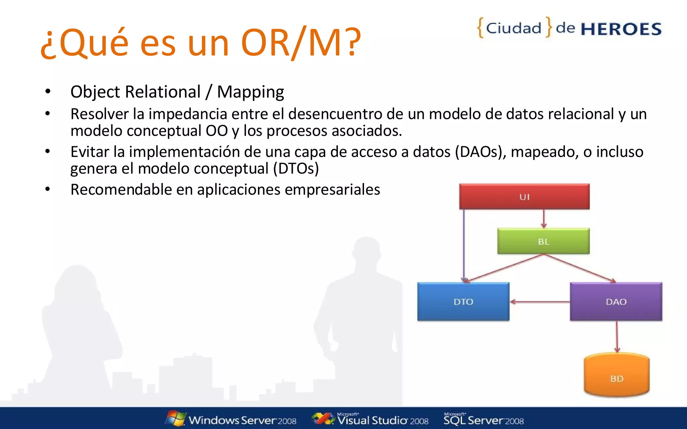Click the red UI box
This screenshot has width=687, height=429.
click(x=524, y=196)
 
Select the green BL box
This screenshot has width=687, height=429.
click(x=543, y=241)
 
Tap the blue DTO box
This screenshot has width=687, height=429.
click(x=463, y=302)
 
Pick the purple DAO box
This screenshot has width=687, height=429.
click(x=616, y=302)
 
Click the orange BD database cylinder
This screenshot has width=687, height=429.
click(x=617, y=375)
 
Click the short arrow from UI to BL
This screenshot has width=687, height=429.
click(x=544, y=219)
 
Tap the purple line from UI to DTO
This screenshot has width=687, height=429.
click(x=464, y=245)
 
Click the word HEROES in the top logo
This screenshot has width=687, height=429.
click(x=621, y=29)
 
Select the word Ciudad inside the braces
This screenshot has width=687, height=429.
click(x=514, y=28)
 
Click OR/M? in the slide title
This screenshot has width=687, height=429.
click(x=301, y=43)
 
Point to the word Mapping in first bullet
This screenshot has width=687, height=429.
click(x=250, y=92)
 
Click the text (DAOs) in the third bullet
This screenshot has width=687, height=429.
click(x=480, y=152)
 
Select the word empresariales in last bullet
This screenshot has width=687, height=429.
click(x=332, y=189)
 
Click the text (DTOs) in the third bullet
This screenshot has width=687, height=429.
click(x=296, y=168)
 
